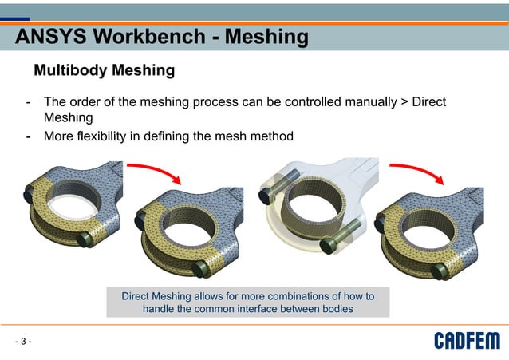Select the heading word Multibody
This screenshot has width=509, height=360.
coord(70,71)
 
